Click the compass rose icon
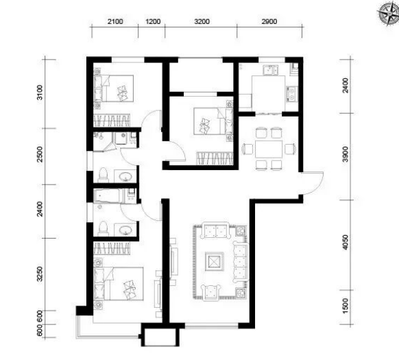(389, 14)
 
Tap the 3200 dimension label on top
(202, 22)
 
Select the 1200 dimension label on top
(153, 22)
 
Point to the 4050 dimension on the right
(346, 242)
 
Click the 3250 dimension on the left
(40, 274)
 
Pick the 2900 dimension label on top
(269, 22)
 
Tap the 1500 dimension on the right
(346, 306)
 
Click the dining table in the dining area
(269, 149)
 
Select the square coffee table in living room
(215, 261)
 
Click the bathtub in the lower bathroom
(109, 196)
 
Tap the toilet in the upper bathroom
(104, 175)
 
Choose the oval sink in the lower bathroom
(125, 230)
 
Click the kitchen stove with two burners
(292, 94)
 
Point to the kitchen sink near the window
(271, 70)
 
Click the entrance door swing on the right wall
(312, 183)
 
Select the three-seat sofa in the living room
(241, 263)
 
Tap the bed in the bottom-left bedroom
(119, 284)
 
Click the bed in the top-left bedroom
(114, 88)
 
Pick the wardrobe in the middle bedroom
(215, 158)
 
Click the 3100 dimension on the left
(40, 93)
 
